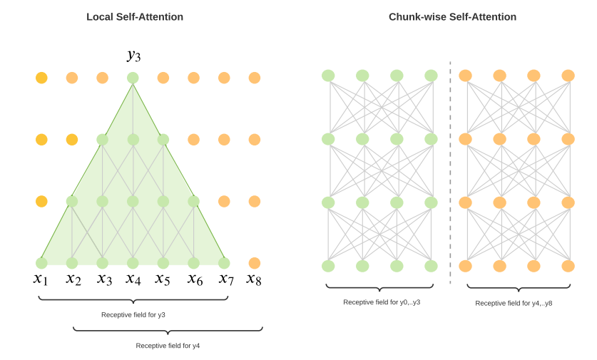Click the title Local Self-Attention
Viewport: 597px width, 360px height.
point(135,16)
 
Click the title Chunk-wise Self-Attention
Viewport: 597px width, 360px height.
point(452,16)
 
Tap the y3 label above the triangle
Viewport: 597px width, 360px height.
point(133,55)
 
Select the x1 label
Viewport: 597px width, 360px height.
point(41,278)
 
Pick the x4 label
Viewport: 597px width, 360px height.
point(133,278)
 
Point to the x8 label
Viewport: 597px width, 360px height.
point(254,279)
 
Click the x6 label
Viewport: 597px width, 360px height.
point(195,278)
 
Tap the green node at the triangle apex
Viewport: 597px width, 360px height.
point(133,78)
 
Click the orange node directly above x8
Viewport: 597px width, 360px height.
point(255,263)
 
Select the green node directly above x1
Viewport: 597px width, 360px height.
point(41,263)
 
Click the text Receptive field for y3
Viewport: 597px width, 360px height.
point(133,314)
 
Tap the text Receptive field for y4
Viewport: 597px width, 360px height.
point(168,345)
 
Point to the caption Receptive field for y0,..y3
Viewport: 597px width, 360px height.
point(382,302)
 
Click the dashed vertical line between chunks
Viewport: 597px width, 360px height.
point(450,171)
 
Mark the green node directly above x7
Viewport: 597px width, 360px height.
point(224,263)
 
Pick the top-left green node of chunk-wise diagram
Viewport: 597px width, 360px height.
point(328,76)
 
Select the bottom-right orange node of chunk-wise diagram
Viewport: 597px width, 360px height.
point(568,266)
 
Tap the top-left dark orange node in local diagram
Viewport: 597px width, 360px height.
point(41,78)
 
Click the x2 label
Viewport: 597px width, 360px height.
point(73,278)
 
